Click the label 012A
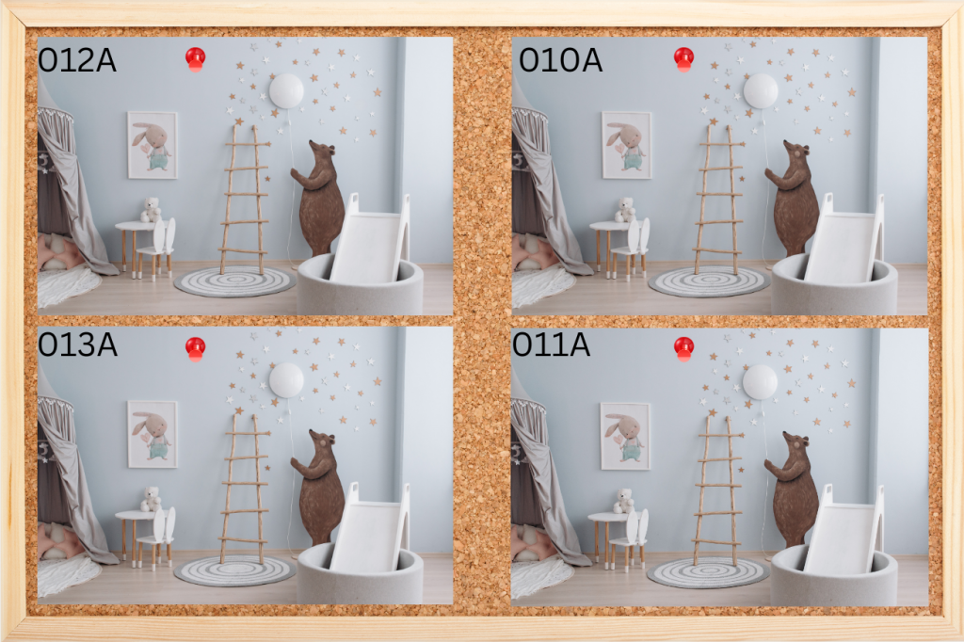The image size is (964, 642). pos(77,60)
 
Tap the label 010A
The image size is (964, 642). pos(560,60)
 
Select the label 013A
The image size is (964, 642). pos(77,345)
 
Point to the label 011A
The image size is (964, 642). pos(551,345)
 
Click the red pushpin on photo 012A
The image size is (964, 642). pos(196,59)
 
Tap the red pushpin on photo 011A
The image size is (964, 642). pos(683,348)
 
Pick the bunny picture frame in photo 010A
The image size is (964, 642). pos(626,145)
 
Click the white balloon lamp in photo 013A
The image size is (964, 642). pos(286,380)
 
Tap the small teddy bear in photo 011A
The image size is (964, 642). pos(623,501)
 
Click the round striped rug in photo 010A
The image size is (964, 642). pos(709,281)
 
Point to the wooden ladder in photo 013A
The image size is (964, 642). pos(244,489)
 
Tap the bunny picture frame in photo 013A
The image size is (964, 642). pos(153,434)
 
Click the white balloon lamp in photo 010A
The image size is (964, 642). pos(761,91)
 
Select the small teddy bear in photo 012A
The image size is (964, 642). pos(150,210)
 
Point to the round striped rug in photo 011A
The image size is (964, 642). pos(708,572)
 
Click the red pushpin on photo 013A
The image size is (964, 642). pos(196,348)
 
